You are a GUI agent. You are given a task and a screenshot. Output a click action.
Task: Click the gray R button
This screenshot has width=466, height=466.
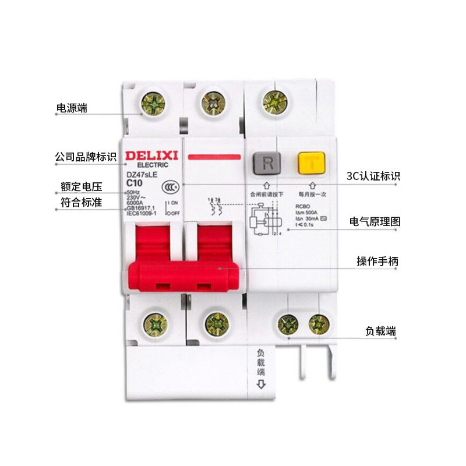[x=267, y=163]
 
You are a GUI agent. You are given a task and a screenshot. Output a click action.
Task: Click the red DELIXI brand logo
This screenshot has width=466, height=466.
[x=150, y=156]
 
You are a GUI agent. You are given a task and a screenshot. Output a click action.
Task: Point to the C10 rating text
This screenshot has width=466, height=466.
[x=135, y=182]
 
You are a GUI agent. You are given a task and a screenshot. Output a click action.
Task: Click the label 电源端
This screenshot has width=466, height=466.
[x=72, y=108]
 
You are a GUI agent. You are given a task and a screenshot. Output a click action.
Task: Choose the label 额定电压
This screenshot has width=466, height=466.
[x=82, y=187]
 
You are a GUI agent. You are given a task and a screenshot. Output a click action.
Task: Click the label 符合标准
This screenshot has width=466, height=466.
[x=82, y=203]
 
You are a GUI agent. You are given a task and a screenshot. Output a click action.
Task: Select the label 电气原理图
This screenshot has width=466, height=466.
[x=375, y=221]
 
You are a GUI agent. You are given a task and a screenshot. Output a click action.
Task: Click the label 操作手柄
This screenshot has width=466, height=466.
[x=377, y=262]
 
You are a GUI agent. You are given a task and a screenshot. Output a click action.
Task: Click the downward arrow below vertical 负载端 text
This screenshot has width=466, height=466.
[x=261, y=384]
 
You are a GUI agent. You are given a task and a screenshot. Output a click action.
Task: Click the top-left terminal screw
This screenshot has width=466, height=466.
[x=153, y=104]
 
